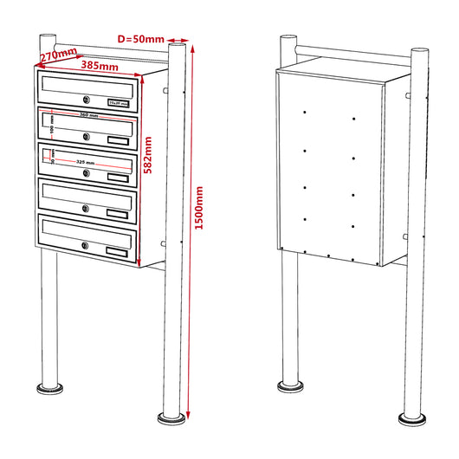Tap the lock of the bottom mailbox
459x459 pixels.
pyautogui.click(x=86, y=247)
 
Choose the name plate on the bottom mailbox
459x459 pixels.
pyautogui.click(x=116, y=252)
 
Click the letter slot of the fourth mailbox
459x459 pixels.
pyautogui.click(x=86, y=196)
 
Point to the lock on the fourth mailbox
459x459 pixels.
pyautogui.click(x=87, y=208)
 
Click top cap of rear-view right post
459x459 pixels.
pyautogui.click(x=420, y=51)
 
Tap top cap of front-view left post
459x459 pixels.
pyautogui.click(x=48, y=36)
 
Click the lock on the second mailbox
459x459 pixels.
pyautogui.click(x=87, y=136)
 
